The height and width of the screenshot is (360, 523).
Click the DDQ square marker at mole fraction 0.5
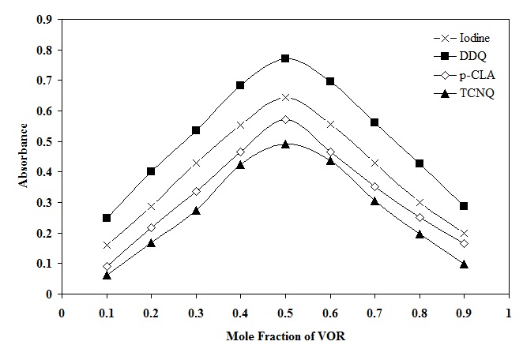click(x=285, y=58)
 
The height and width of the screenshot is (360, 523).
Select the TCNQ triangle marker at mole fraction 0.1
click(x=107, y=275)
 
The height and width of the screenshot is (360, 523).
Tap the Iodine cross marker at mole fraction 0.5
click(x=285, y=97)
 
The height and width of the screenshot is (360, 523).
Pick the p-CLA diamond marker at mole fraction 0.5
click(x=285, y=119)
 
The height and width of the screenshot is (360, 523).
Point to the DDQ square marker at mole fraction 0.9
click(x=464, y=206)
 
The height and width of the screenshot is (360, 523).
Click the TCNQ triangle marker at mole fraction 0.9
click(x=464, y=264)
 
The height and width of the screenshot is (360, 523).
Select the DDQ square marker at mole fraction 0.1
click(x=107, y=218)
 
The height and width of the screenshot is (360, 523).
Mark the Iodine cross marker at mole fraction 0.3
click(x=196, y=163)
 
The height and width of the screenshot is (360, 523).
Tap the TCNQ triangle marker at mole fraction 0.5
click(x=285, y=144)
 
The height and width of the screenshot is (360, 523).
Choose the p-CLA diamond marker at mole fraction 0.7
click(x=374, y=187)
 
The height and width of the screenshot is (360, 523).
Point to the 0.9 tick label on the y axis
click(x=46, y=20)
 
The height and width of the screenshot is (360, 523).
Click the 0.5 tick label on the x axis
click(x=285, y=311)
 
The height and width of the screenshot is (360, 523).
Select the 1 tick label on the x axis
click(x=508, y=311)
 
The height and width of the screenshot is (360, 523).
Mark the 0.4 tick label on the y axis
click(x=46, y=172)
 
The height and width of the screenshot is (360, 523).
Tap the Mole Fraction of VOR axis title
click(x=284, y=336)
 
